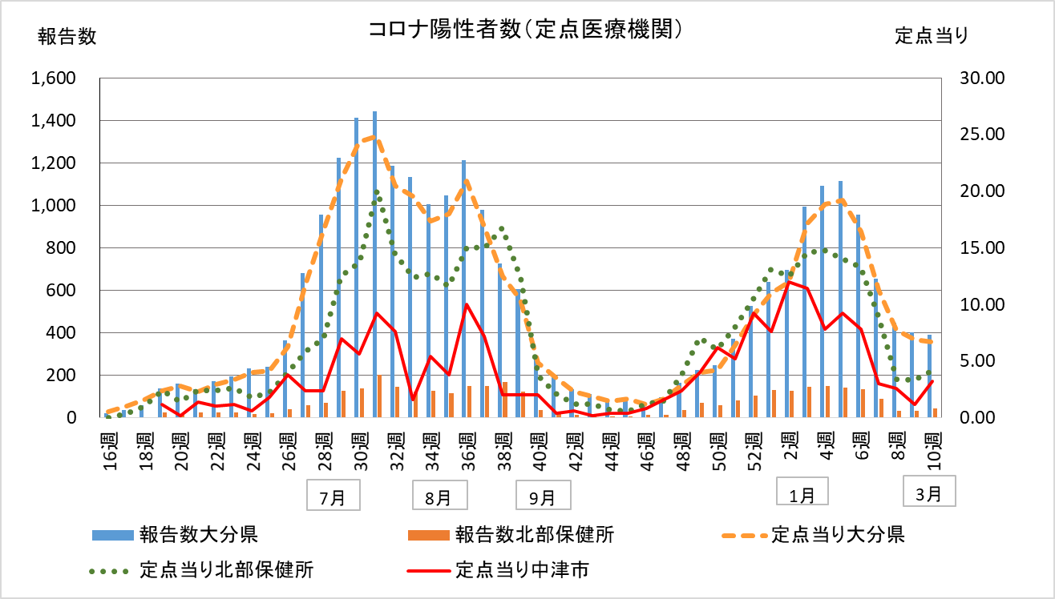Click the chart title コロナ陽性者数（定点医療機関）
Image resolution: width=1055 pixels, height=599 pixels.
click(x=527, y=30)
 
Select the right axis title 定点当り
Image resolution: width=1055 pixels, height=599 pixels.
click(x=932, y=36)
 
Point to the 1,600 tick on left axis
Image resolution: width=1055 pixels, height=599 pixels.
click(x=52, y=78)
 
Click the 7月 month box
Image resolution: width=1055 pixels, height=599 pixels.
click(x=333, y=496)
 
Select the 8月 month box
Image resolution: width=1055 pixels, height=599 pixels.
click(x=438, y=496)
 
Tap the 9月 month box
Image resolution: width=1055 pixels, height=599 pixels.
click(x=543, y=496)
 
